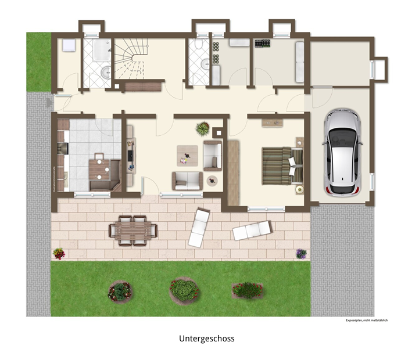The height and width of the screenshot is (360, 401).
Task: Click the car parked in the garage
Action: point(342,153)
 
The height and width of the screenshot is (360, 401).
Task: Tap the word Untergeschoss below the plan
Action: point(207,339)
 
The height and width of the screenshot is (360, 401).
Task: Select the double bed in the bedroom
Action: point(282,165)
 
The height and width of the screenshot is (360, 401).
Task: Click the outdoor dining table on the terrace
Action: point(133,231)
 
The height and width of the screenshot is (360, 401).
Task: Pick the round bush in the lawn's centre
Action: point(184,290)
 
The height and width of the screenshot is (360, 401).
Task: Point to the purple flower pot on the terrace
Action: point(301,254)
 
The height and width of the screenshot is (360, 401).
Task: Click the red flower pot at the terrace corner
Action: point(59,254)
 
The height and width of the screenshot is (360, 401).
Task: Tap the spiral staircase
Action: point(131,59)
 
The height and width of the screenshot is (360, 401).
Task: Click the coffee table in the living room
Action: point(187,156)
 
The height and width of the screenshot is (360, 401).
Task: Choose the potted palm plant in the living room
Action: point(203,128)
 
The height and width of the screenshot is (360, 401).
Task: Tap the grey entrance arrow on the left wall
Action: point(49,103)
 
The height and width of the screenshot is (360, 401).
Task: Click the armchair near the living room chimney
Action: point(213,156)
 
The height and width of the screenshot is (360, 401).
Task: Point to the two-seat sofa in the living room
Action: point(188,181)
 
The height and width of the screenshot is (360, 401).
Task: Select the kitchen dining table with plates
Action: point(99,170)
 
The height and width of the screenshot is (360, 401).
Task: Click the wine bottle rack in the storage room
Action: point(262,44)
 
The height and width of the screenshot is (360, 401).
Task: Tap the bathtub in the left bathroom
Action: point(102,50)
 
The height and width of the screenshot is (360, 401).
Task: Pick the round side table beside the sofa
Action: point(212,181)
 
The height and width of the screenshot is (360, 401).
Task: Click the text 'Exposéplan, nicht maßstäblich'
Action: point(367,320)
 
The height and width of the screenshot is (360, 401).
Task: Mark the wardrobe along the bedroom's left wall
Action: point(233,172)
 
